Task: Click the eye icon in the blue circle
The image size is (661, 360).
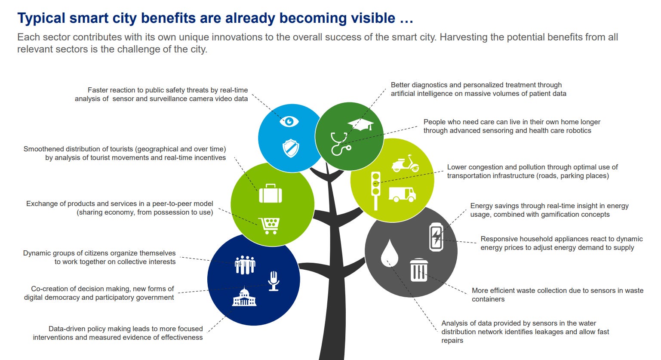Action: (x=289, y=122)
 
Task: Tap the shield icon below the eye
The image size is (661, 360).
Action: (x=291, y=148)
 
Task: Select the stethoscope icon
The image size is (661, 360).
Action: (x=340, y=144)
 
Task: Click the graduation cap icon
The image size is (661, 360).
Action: (x=360, y=124)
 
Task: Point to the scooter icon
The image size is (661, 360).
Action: (x=405, y=164)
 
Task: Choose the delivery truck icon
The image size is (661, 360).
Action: (x=402, y=194)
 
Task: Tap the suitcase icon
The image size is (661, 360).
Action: (x=271, y=193)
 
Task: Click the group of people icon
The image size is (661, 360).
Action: (x=245, y=265)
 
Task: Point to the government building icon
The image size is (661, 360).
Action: (x=244, y=297)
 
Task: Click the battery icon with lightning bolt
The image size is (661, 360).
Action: (x=436, y=237)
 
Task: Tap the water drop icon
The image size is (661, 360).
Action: (x=389, y=253)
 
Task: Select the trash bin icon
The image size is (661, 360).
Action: (x=419, y=270)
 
